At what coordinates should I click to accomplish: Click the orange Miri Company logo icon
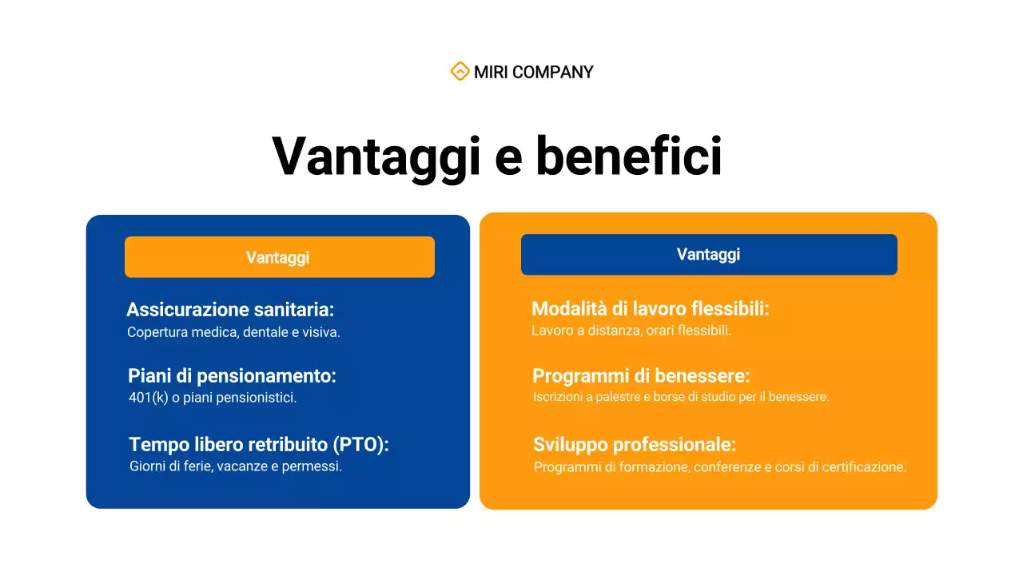point(460,72)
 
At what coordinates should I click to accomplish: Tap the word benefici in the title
point(628,156)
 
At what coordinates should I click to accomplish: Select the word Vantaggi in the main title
point(376,156)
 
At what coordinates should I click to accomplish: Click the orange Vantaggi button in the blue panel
point(279,257)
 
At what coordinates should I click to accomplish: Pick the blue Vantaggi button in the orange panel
point(708,255)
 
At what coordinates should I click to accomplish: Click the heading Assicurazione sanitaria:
point(230,310)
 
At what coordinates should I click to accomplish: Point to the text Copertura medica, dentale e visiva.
point(233,332)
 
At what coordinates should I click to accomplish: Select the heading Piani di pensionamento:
point(232,376)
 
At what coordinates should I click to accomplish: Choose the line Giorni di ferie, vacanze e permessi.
point(235,466)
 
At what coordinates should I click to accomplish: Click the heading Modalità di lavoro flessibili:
point(650,309)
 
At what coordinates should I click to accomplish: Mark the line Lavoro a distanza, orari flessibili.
point(631,331)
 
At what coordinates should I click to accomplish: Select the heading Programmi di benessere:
point(641,376)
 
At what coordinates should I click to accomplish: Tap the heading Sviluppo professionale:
point(634,445)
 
